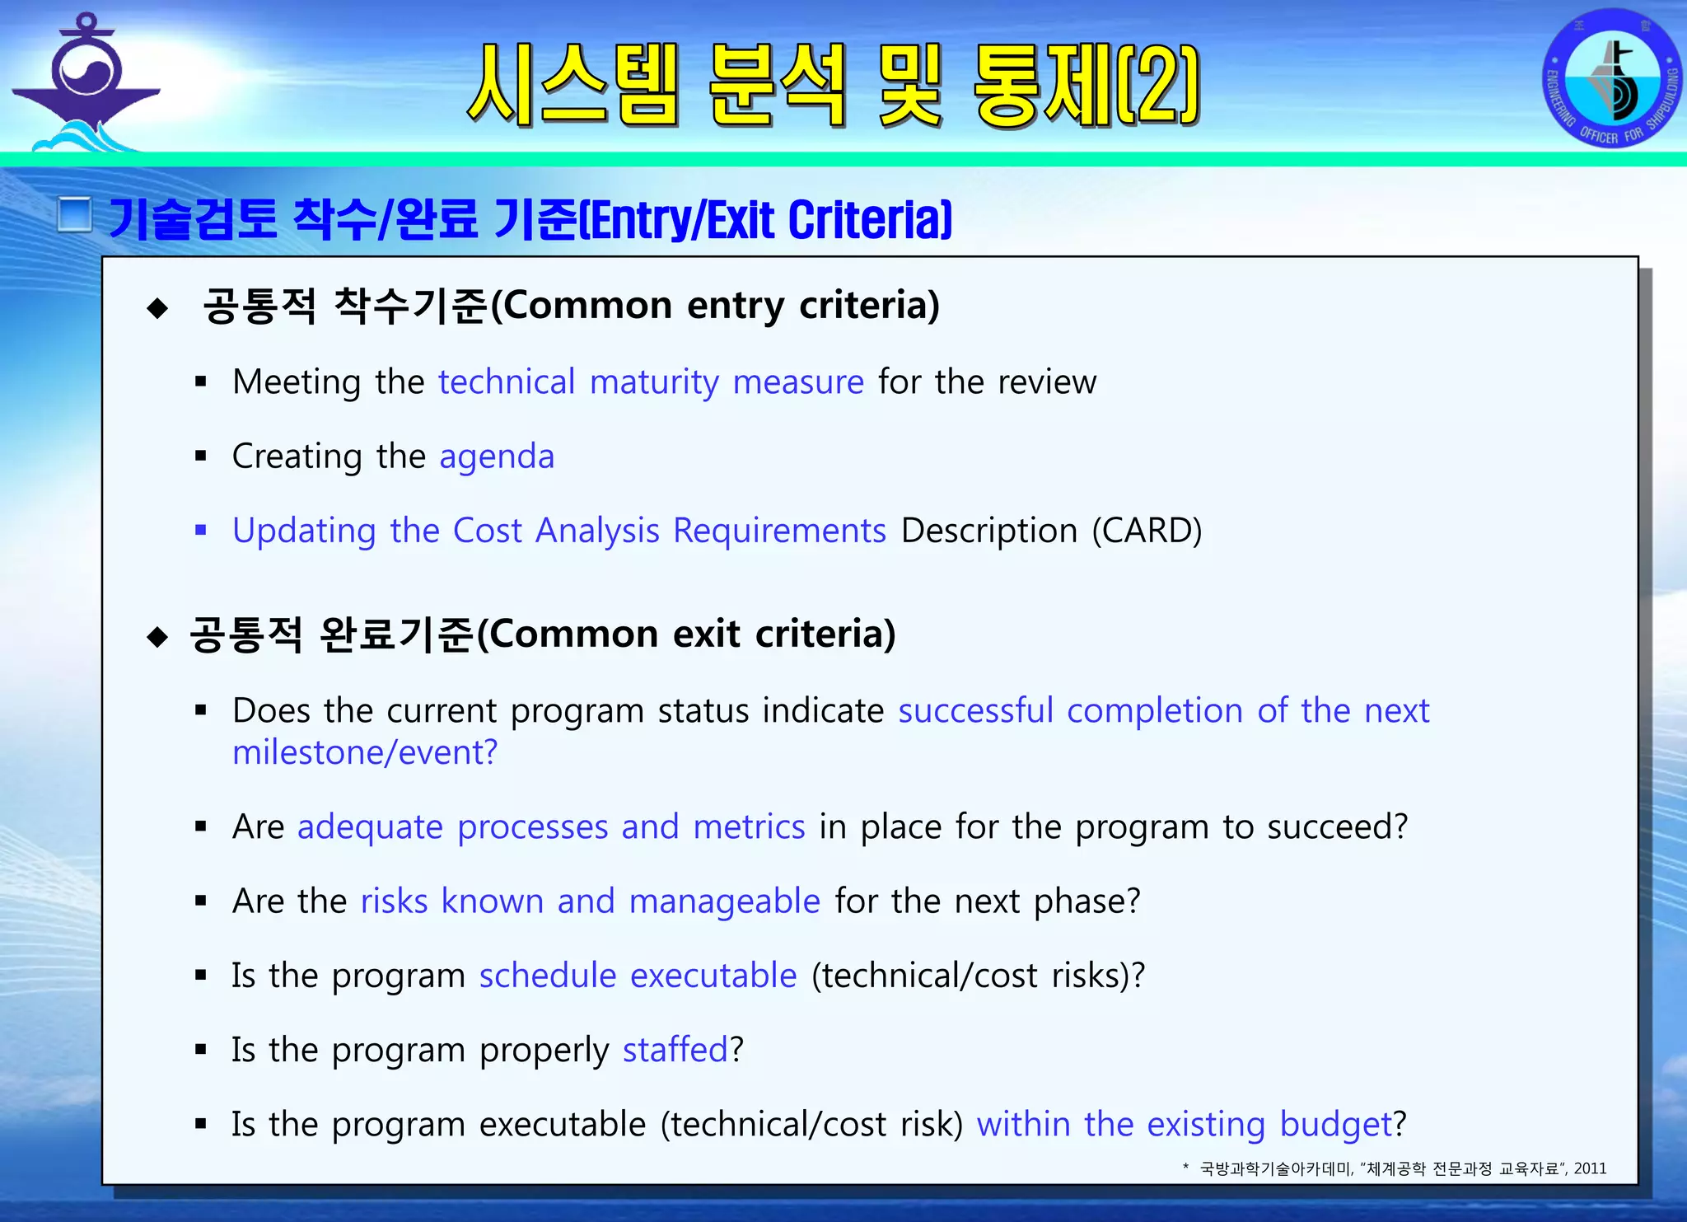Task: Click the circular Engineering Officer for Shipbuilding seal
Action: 1611,79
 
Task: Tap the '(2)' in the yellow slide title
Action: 1157,85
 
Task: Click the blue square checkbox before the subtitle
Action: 75,215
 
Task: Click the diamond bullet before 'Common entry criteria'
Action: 157,309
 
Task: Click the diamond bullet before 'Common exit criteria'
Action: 157,637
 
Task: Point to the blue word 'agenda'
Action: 497,456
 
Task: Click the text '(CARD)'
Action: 1147,531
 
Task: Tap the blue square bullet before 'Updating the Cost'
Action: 200,530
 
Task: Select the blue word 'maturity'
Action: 654,382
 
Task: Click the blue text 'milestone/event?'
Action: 365,752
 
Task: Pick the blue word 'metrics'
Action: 749,826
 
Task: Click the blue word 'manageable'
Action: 724,901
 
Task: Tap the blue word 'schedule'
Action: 548,976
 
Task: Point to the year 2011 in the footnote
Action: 1590,1168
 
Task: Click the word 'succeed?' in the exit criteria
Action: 1337,826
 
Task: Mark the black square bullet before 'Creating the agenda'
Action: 200,456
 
